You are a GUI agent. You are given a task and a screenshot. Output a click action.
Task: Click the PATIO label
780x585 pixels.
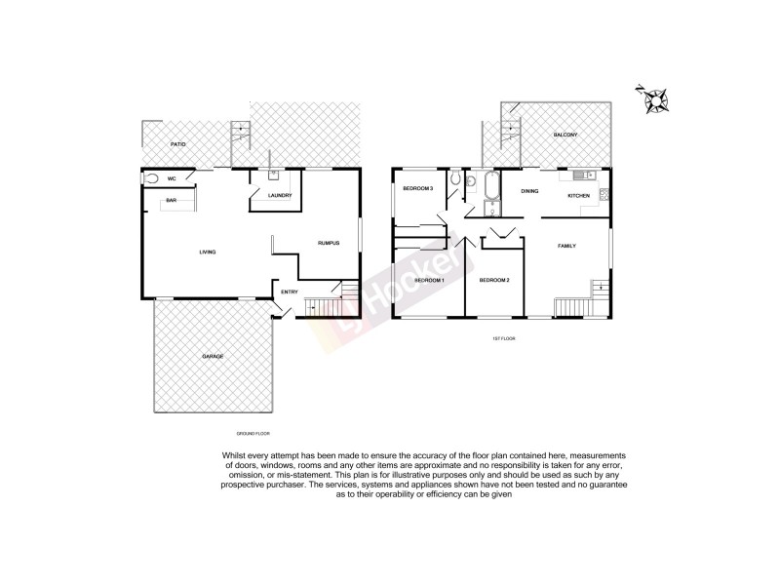click(175, 144)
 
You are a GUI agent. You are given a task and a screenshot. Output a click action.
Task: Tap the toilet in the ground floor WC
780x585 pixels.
click(151, 178)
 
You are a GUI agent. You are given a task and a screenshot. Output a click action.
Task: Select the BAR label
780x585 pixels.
click(171, 201)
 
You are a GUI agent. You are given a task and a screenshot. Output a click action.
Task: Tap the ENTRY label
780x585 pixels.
click(290, 292)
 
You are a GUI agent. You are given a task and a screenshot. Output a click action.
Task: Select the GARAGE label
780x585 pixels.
click(213, 357)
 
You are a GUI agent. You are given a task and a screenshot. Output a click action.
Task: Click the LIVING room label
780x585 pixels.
click(207, 253)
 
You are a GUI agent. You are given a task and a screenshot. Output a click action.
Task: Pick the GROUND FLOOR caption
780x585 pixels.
click(253, 432)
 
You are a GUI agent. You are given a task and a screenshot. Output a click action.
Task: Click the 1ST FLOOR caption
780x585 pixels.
click(504, 337)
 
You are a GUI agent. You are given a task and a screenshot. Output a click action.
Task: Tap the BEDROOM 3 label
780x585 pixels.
click(417, 188)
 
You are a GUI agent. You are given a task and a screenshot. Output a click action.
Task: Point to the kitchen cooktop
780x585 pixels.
click(604, 193)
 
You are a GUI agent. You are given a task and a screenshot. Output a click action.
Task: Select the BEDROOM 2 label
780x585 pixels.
click(494, 281)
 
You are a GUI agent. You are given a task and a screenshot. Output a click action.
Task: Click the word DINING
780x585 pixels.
click(529, 192)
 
